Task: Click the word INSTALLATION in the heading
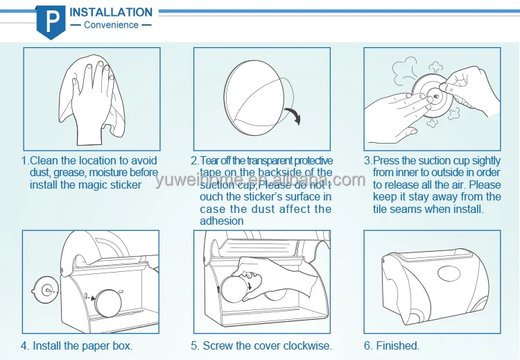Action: click(111, 12)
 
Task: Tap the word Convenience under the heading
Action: click(111, 25)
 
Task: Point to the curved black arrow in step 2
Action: click(293, 115)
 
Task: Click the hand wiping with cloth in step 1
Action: click(92, 100)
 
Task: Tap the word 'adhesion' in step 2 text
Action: click(222, 221)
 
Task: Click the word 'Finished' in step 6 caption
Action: click(398, 345)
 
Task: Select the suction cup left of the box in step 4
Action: click(46, 291)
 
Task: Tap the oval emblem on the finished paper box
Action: click(449, 273)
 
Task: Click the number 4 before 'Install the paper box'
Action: click(24, 345)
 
